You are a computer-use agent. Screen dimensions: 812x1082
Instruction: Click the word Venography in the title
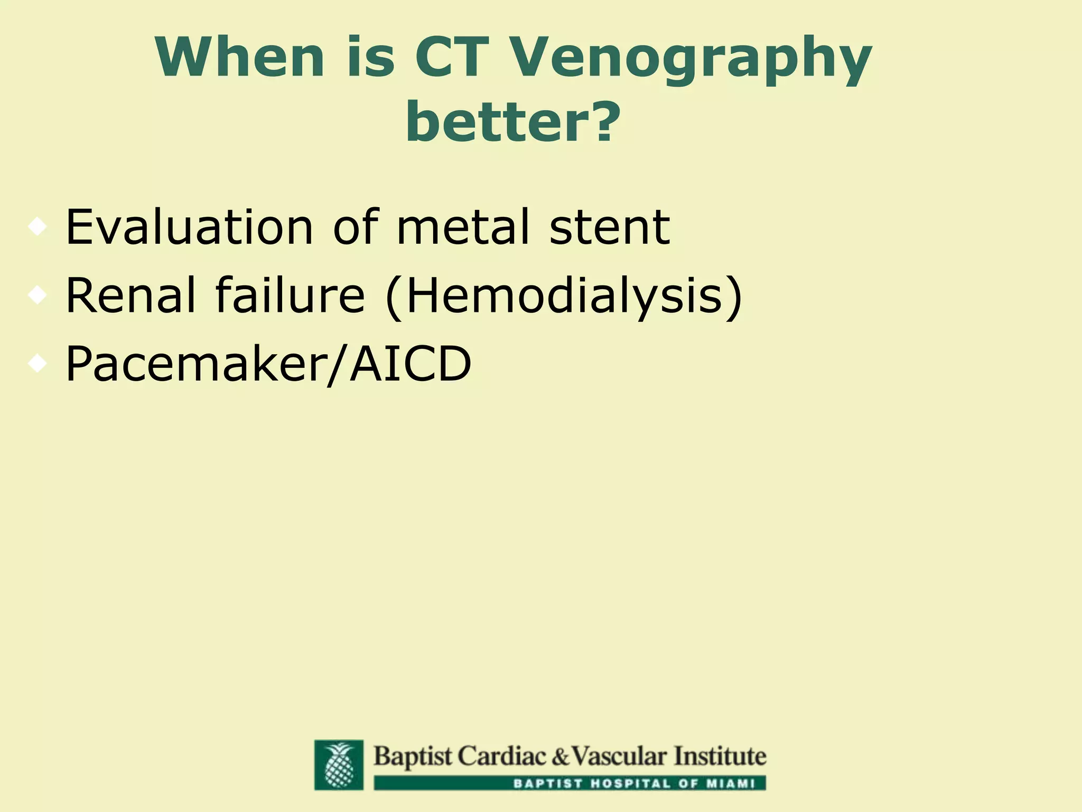pyautogui.click(x=687, y=59)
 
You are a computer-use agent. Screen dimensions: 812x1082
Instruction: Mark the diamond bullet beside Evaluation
pyautogui.click(x=38, y=227)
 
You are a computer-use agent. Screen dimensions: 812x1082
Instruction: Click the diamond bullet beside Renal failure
pyautogui.click(x=38, y=295)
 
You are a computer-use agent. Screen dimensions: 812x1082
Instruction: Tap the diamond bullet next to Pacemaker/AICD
pyautogui.click(x=38, y=364)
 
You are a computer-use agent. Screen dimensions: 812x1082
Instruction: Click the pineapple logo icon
pyautogui.click(x=339, y=764)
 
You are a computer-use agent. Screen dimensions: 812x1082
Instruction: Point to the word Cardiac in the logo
pyautogui.click(x=501, y=756)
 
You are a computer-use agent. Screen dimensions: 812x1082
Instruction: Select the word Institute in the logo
pyautogui.click(x=719, y=756)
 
